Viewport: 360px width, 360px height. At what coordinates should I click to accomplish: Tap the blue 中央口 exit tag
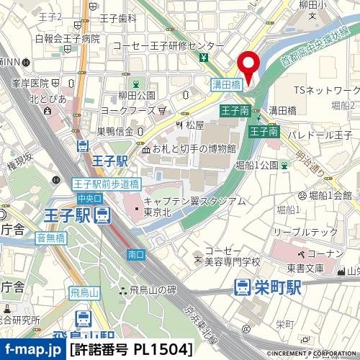(90, 197)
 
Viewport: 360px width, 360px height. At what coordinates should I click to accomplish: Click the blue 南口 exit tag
(135, 255)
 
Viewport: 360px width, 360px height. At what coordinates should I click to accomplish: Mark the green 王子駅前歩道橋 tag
(106, 184)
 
